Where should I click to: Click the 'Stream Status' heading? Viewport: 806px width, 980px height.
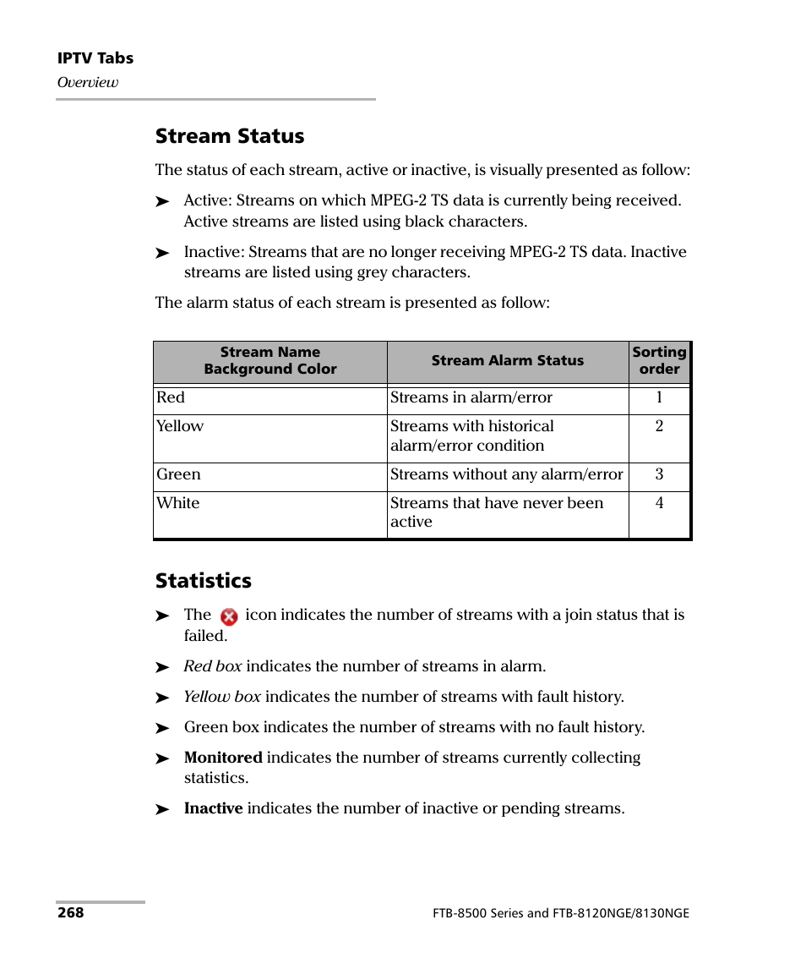229,136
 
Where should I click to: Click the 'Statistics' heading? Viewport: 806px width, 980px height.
203,581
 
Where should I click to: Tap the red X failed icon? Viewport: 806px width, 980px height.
228,617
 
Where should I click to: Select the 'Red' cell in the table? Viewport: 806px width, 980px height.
171,397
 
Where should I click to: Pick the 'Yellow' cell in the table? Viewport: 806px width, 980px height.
180,426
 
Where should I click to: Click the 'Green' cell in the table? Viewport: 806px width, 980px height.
178,474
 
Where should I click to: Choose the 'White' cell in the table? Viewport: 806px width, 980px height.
178,503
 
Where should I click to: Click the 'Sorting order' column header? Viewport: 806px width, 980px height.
659,361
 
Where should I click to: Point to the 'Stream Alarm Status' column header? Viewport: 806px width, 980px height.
507,361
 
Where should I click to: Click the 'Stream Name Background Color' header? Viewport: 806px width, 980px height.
270,361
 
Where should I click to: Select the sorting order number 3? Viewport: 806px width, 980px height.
659,474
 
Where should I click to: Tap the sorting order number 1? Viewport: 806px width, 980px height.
659,397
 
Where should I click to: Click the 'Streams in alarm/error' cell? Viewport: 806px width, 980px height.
471,397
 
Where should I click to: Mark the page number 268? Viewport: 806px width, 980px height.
70,913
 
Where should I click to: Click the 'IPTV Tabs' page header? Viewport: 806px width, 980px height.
95,58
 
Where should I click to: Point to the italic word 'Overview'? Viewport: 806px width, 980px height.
87,83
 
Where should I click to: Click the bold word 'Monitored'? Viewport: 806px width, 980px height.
223,758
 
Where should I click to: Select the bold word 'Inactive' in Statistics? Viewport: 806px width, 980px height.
213,808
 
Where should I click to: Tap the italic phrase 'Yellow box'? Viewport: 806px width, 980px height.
222,697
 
